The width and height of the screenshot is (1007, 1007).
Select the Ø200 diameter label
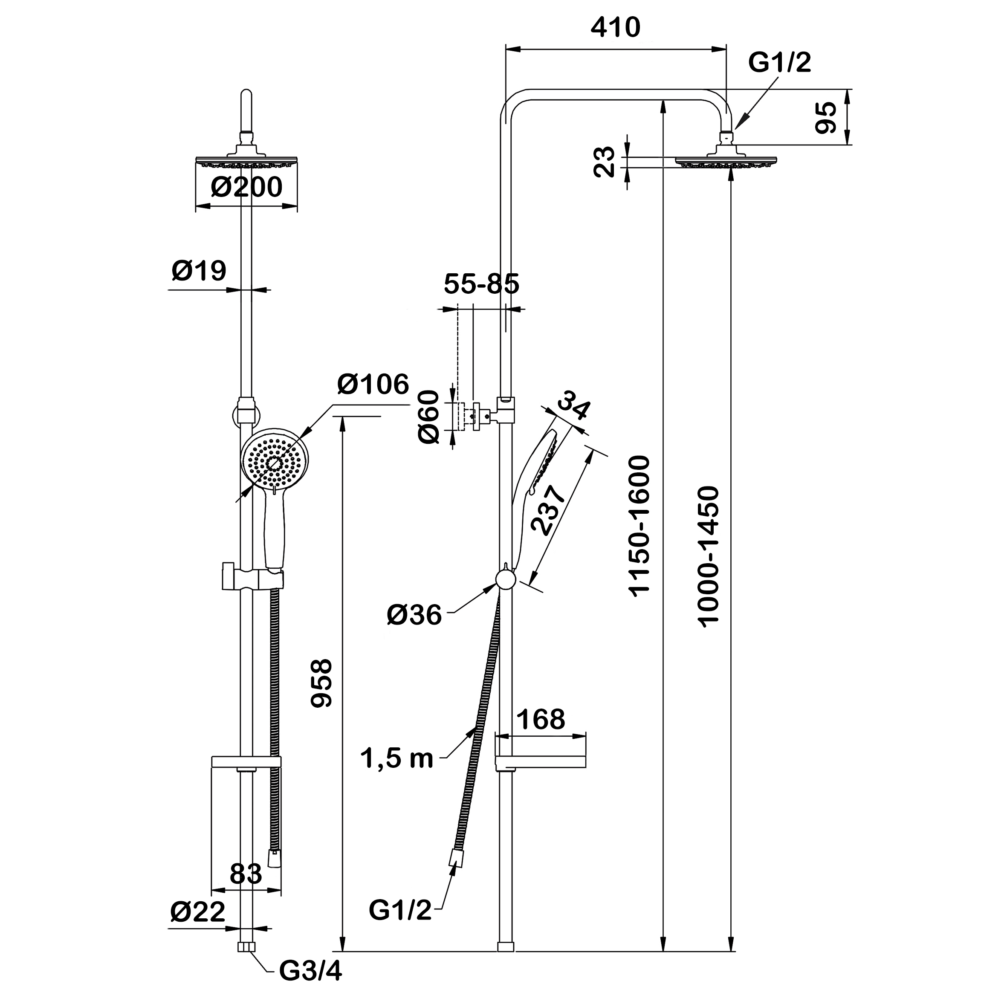pyautogui.click(x=246, y=187)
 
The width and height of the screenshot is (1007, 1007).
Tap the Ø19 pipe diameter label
pyautogui.click(x=199, y=271)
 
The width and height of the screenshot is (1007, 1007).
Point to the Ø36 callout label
pyautogui.click(x=414, y=616)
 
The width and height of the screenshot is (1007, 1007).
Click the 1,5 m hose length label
pyautogui.click(x=396, y=759)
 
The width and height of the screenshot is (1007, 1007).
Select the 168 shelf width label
pyautogui.click(x=541, y=719)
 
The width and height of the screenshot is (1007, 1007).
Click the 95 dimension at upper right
pyautogui.click(x=826, y=118)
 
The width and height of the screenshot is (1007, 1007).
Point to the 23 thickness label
pyautogui.click(x=605, y=162)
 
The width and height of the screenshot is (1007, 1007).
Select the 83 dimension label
pyautogui.click(x=246, y=874)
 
